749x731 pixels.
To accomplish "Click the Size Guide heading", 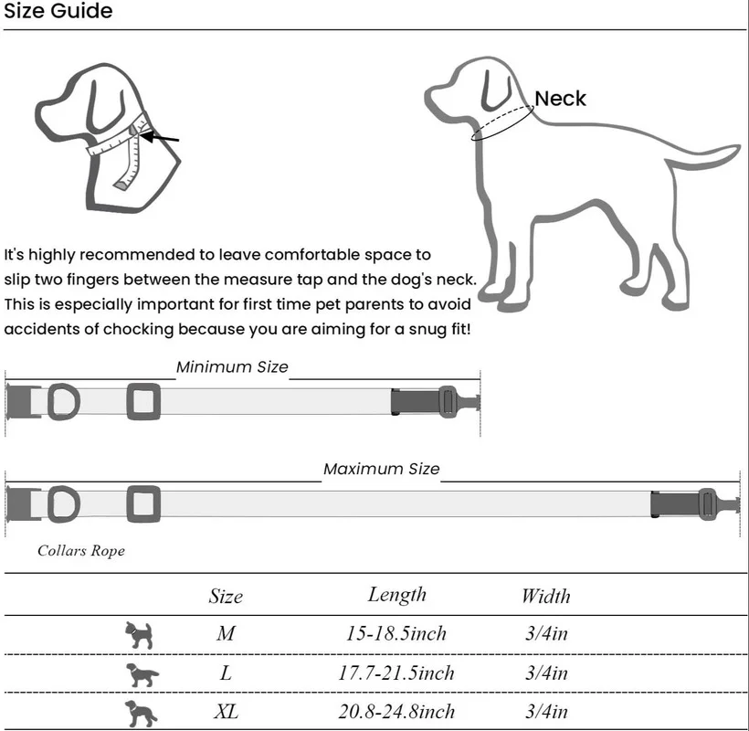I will pos(58,12).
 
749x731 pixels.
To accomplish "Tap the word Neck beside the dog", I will pos(560,99).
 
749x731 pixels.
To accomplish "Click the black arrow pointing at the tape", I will pos(160,139).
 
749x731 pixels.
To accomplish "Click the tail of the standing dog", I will pos(703,157).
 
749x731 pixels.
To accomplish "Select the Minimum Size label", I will pos(232,367).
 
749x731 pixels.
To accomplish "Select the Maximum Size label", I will pos(381,469).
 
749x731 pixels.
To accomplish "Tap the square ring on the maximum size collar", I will pos(143,503).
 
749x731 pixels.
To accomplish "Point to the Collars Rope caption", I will pos(81,551).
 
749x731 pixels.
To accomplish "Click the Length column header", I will pos(397,595).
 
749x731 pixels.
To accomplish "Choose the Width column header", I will pos(545,597).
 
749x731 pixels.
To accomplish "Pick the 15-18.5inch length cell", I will pos(397,633).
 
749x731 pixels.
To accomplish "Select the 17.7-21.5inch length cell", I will pos(397,673).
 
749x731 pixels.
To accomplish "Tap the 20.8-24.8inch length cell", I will pos(397,711).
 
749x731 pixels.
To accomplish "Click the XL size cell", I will pos(226,711).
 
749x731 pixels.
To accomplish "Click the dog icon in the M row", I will pos(139,634).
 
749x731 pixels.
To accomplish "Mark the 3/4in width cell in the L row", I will pos(546,673).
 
